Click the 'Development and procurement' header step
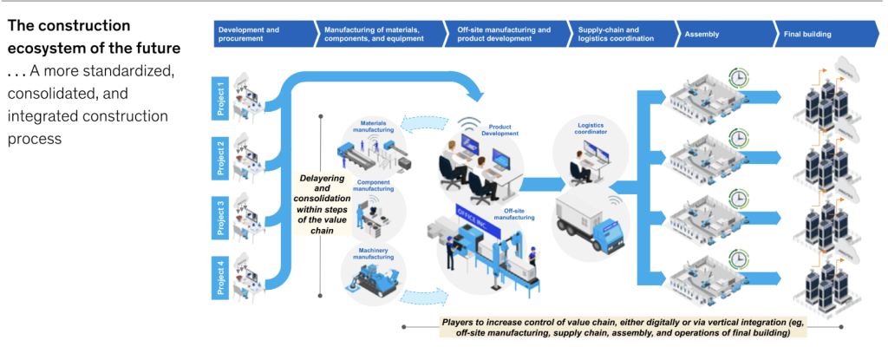[260, 34]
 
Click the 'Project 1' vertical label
[221, 98]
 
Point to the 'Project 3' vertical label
[221, 217]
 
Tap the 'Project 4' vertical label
[221, 276]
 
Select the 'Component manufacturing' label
[374, 187]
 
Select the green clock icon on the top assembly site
[739, 76]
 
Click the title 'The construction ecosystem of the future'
[94, 36]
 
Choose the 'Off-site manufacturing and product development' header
[505, 34]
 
